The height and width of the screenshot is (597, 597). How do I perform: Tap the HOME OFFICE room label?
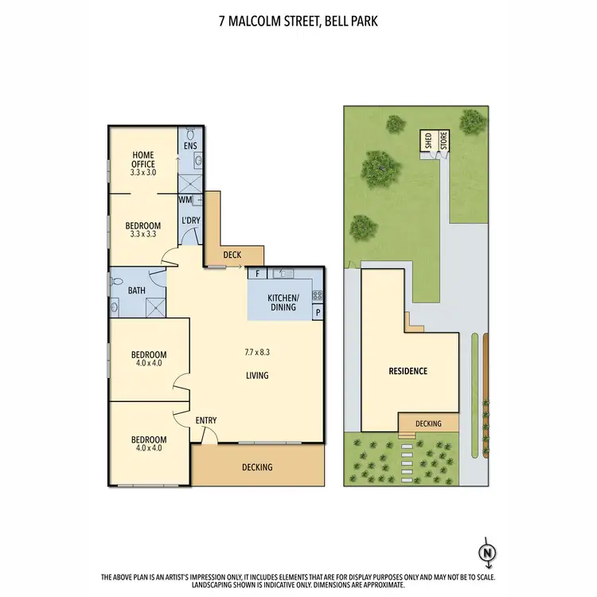tap(143, 159)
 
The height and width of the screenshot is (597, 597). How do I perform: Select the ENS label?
tap(190, 147)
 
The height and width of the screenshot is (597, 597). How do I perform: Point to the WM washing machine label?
tap(185, 200)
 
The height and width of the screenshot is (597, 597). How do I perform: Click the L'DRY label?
tap(190, 220)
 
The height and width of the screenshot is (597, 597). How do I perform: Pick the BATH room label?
tap(136, 291)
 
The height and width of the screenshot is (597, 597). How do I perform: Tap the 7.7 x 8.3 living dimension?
tap(256, 351)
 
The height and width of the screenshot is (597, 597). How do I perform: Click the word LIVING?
tap(256, 376)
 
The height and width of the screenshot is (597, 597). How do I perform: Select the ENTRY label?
tap(205, 421)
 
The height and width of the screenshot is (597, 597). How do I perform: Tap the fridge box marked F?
tap(258, 274)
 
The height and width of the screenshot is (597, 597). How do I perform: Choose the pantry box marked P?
tap(318, 313)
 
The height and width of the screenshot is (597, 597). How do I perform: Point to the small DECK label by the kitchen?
tap(232, 256)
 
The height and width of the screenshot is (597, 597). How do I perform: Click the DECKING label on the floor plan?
tap(257, 467)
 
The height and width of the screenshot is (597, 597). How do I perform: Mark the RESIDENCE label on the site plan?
tap(408, 371)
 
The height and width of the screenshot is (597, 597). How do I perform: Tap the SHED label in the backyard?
tap(427, 142)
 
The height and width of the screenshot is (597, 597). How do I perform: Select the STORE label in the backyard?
tap(443, 142)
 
